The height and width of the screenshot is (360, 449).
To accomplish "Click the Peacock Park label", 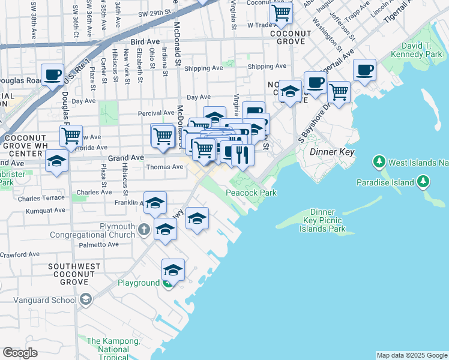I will (x=250, y=193).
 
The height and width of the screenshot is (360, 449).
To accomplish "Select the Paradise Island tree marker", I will (x=423, y=182).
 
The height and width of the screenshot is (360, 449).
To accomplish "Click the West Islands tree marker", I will (x=379, y=162).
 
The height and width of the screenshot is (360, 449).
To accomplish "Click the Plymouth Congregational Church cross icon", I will (x=143, y=229).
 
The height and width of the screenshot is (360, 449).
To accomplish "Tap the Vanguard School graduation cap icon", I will (x=86, y=299).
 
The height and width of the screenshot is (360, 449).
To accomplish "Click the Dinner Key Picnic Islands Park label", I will (x=328, y=220).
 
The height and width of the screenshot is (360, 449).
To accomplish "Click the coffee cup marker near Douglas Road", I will (x=52, y=74).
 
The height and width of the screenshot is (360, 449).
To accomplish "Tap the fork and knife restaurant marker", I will (x=243, y=155).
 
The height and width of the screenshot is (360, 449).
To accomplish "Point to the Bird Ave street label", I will (x=145, y=42).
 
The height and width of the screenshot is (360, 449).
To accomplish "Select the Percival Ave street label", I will (x=155, y=113).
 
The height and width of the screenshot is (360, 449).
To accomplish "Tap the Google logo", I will (x=20, y=353).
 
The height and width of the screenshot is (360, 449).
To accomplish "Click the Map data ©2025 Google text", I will (x=411, y=355).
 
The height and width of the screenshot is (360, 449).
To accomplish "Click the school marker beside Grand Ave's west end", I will (x=56, y=161).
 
